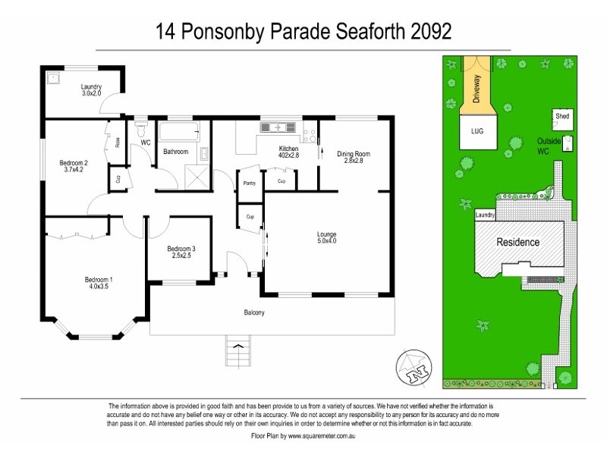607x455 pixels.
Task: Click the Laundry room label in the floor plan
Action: pyautogui.click(x=91, y=86)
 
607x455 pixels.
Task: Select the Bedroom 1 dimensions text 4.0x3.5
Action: pyautogui.click(x=98, y=287)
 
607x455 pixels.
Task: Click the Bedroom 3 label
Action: pyautogui.click(x=181, y=249)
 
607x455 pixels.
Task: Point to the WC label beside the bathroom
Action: pyautogui.click(x=146, y=142)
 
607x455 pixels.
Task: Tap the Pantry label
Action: pyautogui.click(x=249, y=184)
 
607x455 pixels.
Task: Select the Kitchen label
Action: pyautogui.click(x=288, y=148)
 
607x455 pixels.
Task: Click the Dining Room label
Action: pyautogui.click(x=354, y=154)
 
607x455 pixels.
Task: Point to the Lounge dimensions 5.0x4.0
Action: pyautogui.click(x=326, y=241)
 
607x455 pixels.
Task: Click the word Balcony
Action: pyautogui.click(x=254, y=312)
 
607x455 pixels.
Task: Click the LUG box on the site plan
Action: pyautogui.click(x=477, y=131)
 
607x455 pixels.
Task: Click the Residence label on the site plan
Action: pyautogui.click(x=518, y=243)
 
